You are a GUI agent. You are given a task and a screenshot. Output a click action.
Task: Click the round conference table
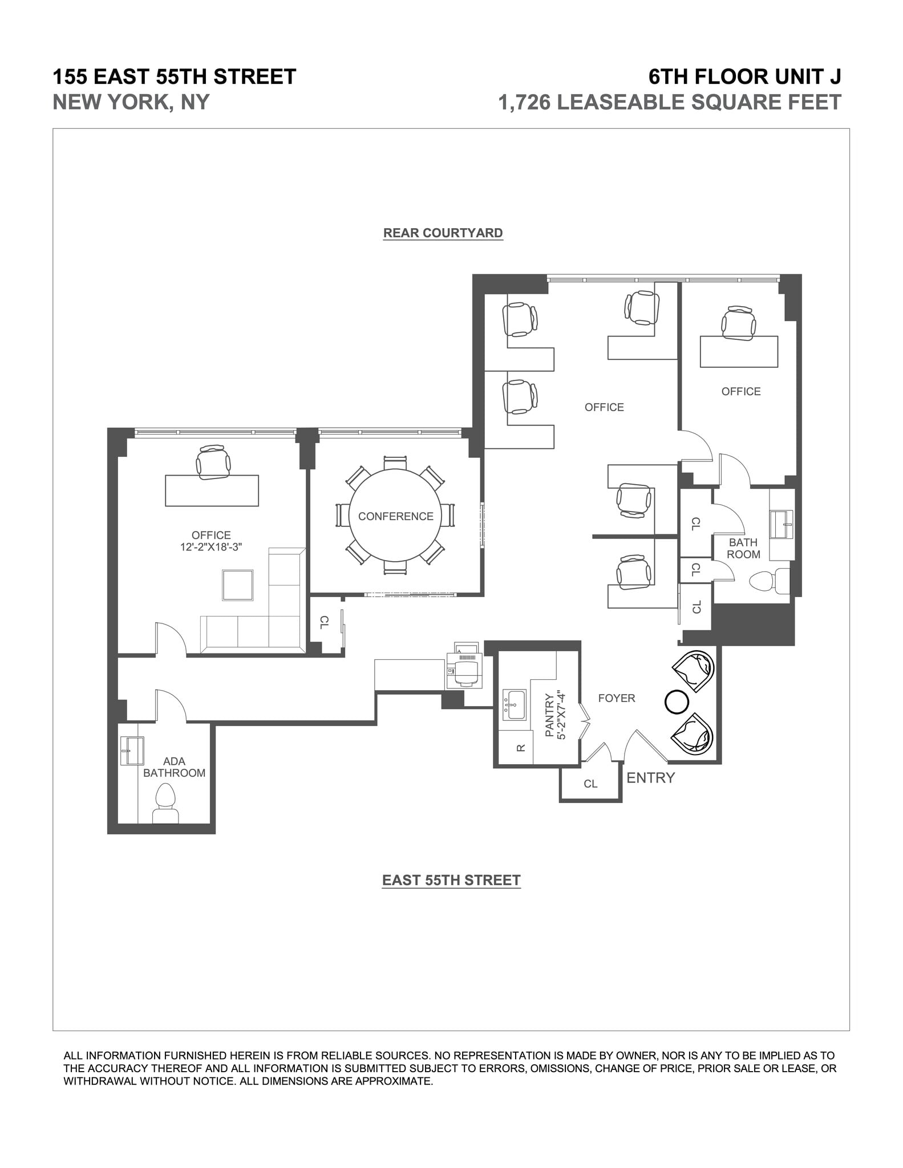click(395, 516)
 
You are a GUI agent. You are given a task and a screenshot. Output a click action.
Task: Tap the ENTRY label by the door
click(650, 778)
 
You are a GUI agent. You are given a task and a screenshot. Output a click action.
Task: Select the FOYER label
click(616, 698)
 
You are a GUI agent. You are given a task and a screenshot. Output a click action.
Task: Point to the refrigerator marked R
click(520, 748)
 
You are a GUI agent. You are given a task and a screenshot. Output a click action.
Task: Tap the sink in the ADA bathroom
click(132, 751)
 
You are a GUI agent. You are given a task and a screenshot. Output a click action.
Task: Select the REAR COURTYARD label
click(443, 233)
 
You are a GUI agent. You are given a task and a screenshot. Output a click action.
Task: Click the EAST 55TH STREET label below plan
click(451, 880)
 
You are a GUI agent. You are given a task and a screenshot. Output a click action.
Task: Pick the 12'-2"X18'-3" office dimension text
click(211, 547)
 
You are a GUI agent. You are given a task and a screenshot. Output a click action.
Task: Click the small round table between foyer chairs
click(677, 701)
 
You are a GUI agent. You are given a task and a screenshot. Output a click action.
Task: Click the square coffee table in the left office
click(238, 585)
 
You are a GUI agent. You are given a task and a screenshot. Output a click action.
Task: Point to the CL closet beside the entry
click(590, 784)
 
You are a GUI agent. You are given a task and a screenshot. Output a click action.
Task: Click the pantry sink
click(515, 705)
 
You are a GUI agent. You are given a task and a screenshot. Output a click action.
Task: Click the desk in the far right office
click(739, 351)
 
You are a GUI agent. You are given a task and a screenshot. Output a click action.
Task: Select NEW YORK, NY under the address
click(131, 102)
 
